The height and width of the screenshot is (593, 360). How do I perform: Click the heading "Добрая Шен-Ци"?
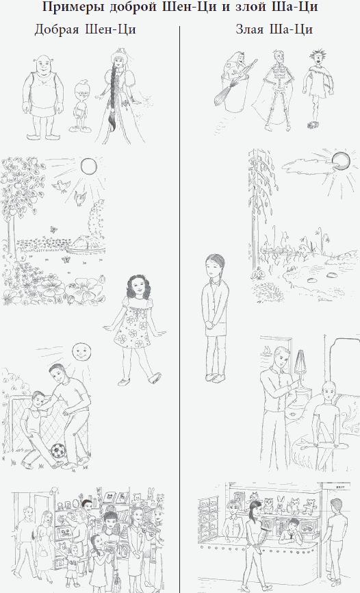(x=85, y=29)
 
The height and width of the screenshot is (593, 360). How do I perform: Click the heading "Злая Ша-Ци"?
(x=274, y=29)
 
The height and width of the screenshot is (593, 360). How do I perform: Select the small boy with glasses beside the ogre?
(x=81, y=106)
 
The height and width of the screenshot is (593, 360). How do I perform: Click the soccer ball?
(x=57, y=451)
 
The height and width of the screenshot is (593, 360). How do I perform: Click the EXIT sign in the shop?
(x=339, y=488)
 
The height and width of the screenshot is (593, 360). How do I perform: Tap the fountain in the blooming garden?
(x=86, y=243)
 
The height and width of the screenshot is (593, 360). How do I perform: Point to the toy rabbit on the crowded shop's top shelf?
(x=151, y=496)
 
